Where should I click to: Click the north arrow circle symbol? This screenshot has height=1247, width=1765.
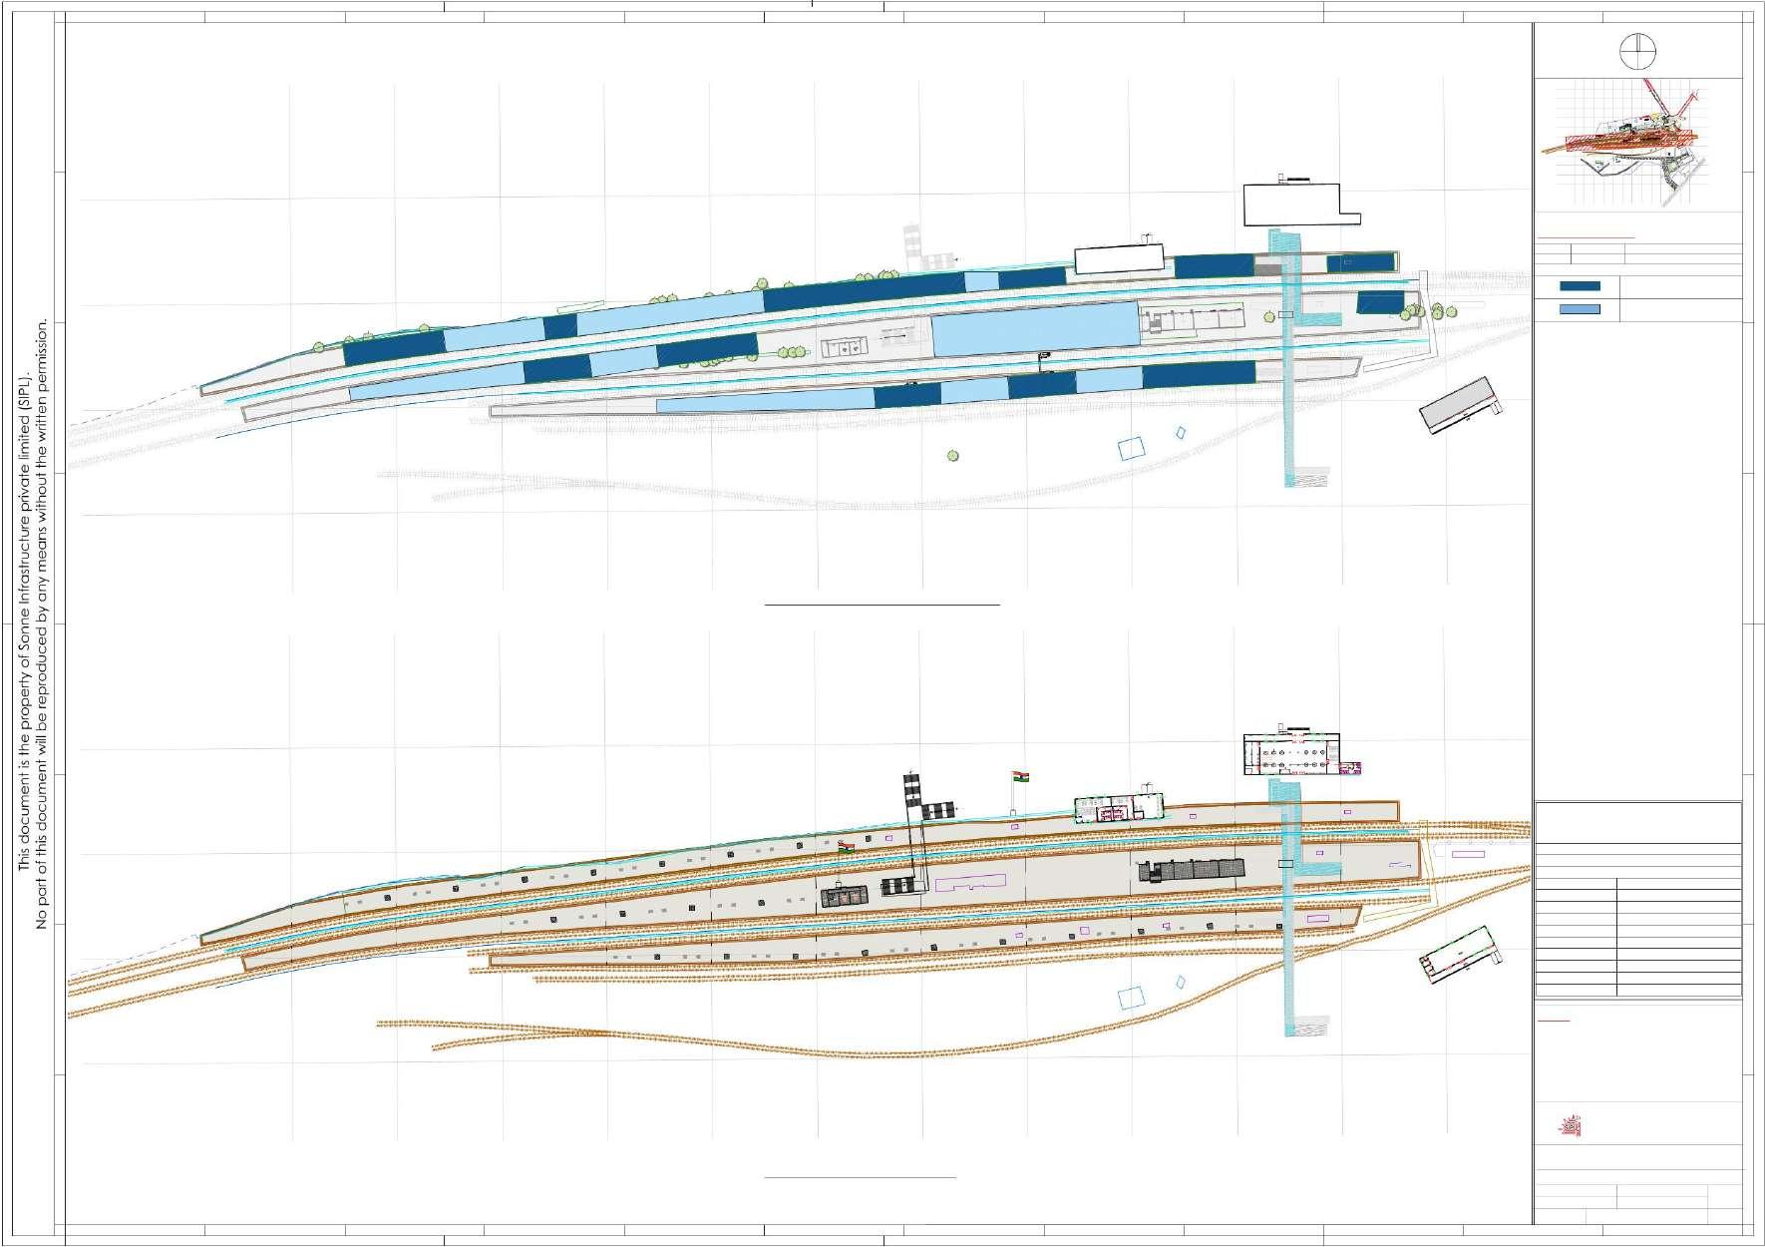[x=1638, y=50]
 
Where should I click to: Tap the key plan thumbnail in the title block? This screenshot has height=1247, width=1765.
[x=1638, y=146]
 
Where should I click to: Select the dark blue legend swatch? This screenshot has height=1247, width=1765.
[x=1580, y=286]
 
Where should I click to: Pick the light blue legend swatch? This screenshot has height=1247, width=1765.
[x=1580, y=309]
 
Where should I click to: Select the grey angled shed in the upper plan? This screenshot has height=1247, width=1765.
[x=1458, y=404]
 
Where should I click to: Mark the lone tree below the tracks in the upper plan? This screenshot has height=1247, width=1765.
[x=953, y=456]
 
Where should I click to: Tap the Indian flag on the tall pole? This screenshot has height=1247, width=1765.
[x=1019, y=775]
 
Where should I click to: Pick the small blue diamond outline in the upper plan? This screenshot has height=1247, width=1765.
[x=1181, y=434]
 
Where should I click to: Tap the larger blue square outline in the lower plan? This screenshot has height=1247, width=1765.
[x=1131, y=997]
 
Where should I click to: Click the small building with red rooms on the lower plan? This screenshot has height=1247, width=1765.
[x=1119, y=808]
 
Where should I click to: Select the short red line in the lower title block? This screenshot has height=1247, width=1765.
[x=1554, y=1022]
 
